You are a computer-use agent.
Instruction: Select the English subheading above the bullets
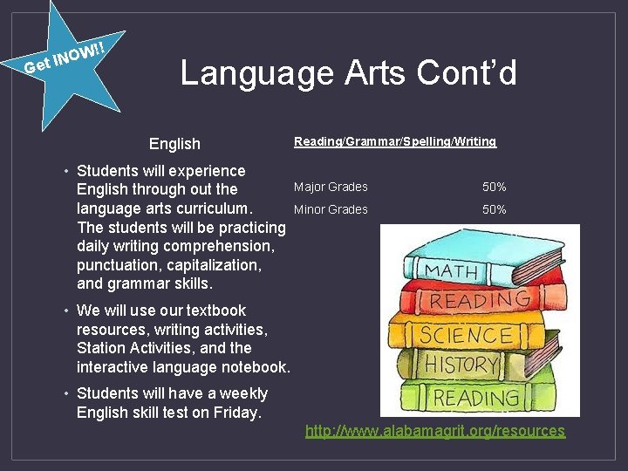coord(174,144)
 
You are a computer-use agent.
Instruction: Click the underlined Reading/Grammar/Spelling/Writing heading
coord(394,141)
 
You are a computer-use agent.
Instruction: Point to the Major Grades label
coord(331,187)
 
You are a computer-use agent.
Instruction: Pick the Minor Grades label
coord(331,209)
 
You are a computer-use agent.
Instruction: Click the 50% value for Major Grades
coord(495,187)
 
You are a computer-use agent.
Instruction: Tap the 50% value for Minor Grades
coord(495,209)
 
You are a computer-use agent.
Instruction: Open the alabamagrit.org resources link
coord(434,431)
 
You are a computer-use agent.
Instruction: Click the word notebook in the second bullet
coord(256,366)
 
